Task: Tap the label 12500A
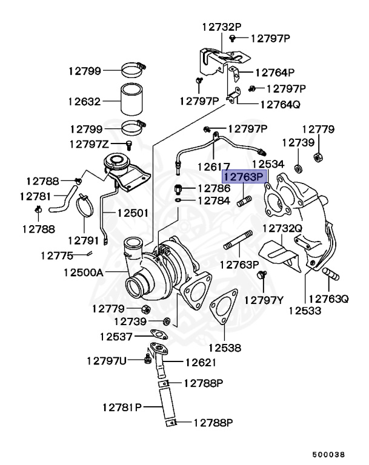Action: (83, 272)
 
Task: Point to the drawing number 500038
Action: (329, 453)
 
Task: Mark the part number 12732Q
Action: (282, 228)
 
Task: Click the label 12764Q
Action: (280, 104)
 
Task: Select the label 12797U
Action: (107, 361)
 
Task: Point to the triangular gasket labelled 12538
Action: (223, 310)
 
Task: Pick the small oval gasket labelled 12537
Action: (158, 333)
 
